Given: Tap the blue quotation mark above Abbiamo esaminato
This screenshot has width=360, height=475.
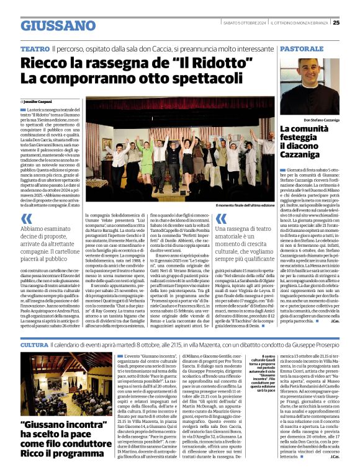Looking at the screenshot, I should click(x=27, y=218).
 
